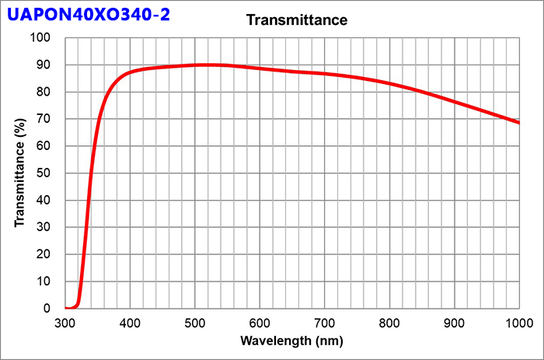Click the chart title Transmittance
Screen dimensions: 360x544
[x=297, y=20]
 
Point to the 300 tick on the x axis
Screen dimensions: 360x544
[x=65, y=322]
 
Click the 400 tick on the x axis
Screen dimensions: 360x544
[x=131, y=322]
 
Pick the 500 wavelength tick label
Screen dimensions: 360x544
[x=195, y=322]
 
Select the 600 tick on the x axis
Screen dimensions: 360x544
[x=260, y=322]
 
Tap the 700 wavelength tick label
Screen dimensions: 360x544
[x=325, y=322]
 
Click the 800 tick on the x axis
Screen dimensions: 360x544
[x=389, y=322]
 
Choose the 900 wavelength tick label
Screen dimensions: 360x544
[x=454, y=322]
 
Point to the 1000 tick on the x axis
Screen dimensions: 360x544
[x=518, y=322]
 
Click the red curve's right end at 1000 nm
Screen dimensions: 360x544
[x=518, y=123]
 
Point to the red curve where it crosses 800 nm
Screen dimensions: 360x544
[x=389, y=83]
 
